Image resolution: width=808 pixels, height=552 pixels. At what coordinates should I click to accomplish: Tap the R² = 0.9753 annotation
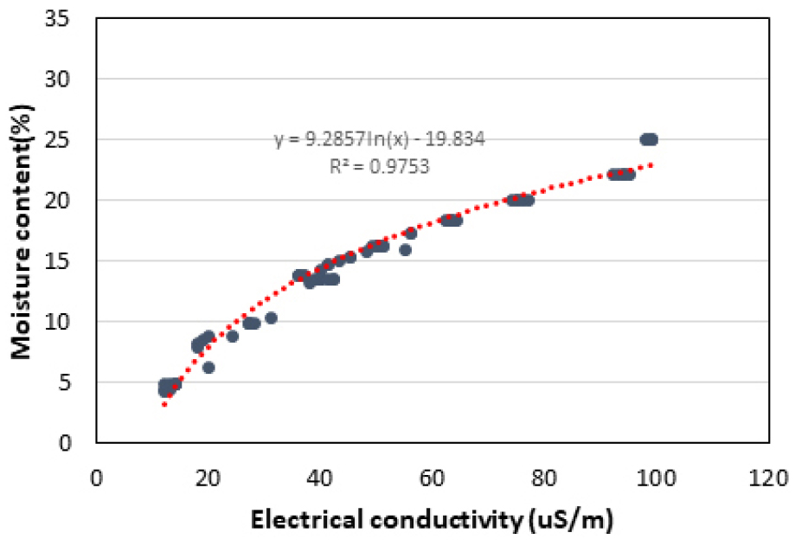[379, 167]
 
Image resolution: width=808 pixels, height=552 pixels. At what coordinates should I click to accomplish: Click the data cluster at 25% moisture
[649, 139]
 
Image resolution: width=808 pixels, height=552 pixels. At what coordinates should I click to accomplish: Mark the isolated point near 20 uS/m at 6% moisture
[208, 368]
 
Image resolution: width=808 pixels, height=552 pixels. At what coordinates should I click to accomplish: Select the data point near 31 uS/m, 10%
[271, 318]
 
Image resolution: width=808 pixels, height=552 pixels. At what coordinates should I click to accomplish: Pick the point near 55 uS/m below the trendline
[405, 250]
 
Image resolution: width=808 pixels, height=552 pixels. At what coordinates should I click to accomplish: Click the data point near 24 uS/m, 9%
[232, 336]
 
